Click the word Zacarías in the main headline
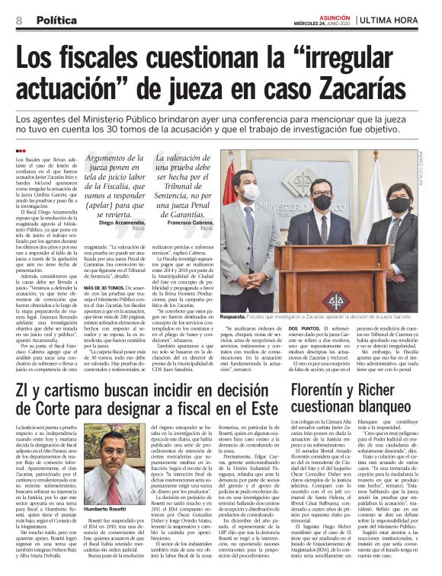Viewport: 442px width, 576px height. click(x=356, y=93)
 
